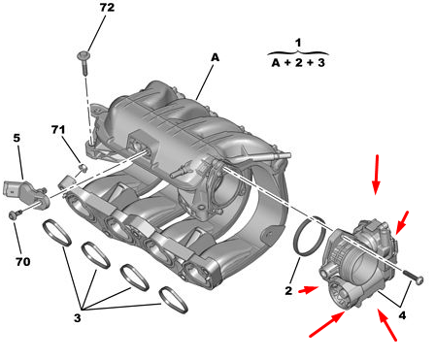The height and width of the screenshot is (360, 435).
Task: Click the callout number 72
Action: tap(107, 8)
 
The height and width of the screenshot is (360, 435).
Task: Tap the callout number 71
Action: tap(58, 130)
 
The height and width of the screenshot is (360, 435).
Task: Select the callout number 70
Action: tap(23, 261)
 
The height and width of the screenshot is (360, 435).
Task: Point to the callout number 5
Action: tap(17, 138)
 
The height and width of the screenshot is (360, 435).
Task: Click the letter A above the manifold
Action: tap(215, 57)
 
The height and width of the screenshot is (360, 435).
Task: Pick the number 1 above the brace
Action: tap(298, 43)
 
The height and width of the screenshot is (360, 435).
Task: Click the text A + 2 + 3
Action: tap(298, 62)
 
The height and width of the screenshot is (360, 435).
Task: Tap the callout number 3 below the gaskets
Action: tap(77, 317)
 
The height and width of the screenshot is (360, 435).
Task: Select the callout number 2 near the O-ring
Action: tap(288, 290)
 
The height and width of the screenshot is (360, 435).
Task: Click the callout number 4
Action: tap(402, 315)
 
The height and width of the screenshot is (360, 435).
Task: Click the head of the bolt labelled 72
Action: tap(84, 56)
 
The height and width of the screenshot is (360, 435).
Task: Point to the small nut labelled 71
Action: tap(84, 168)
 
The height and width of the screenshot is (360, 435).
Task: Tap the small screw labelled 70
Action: tap(16, 213)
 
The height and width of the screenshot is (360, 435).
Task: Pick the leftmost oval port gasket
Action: tap(57, 232)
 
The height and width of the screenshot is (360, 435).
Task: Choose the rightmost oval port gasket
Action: tap(174, 300)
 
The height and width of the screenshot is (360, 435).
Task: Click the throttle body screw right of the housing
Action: tap(414, 278)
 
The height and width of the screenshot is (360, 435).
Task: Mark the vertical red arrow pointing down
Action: tap(376, 175)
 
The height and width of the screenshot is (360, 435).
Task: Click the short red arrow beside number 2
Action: tap(308, 290)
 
